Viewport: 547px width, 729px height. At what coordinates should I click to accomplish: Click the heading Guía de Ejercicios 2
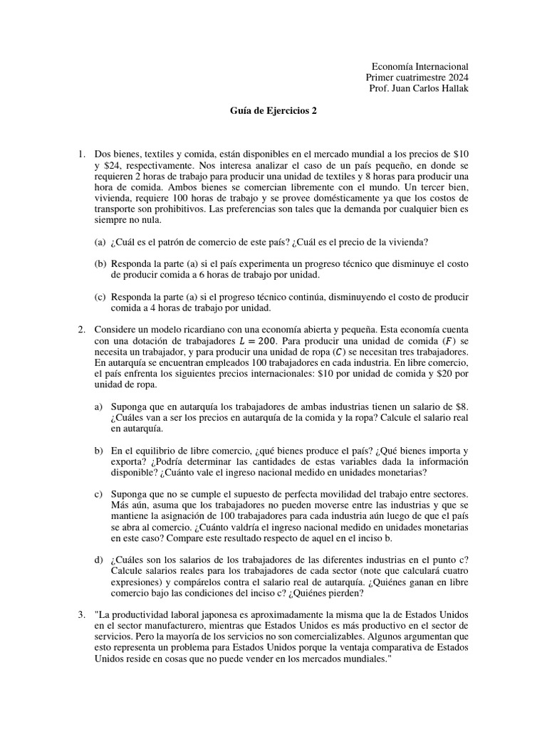(273, 111)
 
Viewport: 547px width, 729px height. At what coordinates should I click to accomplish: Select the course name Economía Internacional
(417, 65)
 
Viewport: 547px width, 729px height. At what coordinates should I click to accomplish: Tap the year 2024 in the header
(457, 77)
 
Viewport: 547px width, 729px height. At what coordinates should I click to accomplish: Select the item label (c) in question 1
(100, 298)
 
